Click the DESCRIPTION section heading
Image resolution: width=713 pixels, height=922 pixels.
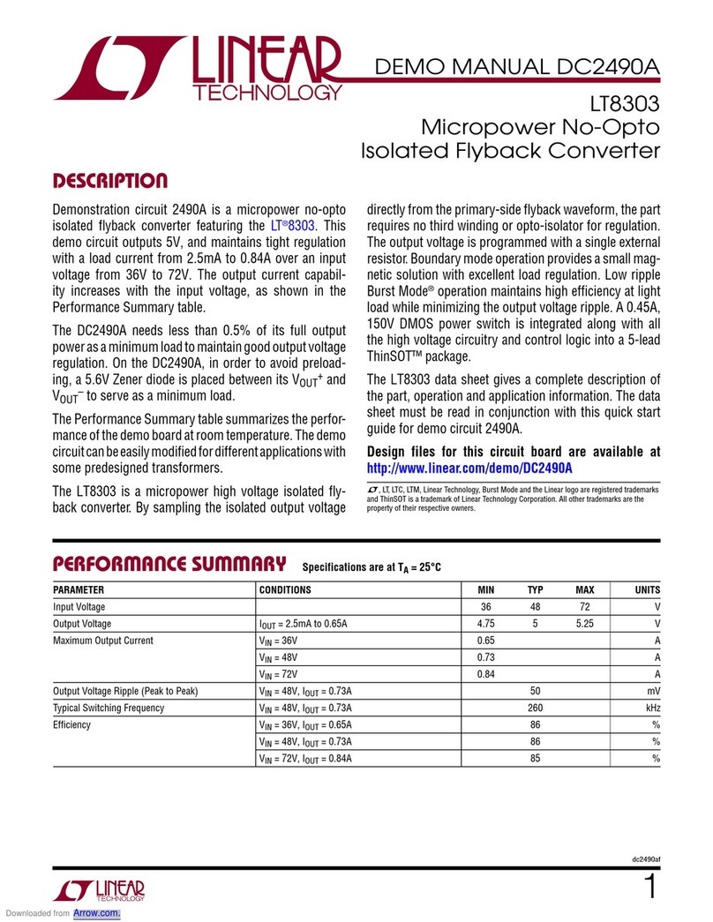point(109,183)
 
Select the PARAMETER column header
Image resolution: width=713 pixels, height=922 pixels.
point(79,589)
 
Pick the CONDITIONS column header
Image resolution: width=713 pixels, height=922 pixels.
point(285,589)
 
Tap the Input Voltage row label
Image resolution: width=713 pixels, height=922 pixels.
point(79,607)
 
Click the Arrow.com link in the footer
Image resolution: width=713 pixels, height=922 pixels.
point(96,913)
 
